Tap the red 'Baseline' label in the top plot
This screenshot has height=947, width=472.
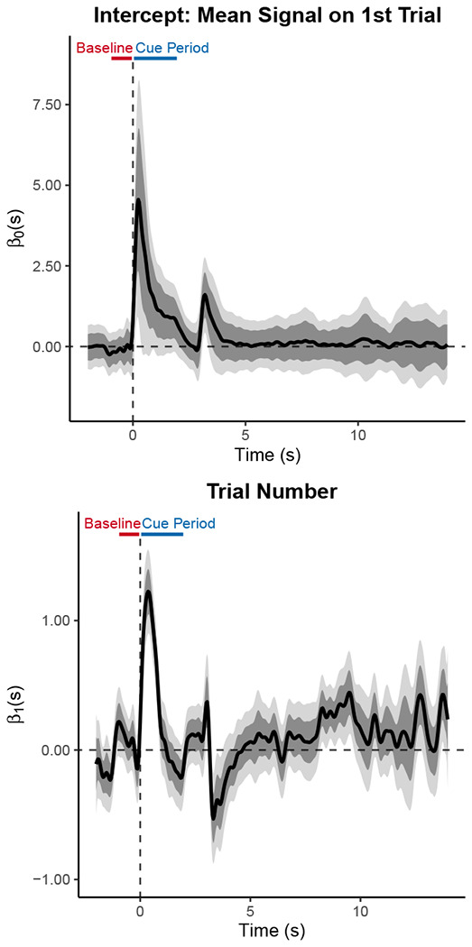pyautogui.click(x=104, y=47)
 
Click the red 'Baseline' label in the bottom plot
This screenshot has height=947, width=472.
pyautogui.click(x=112, y=523)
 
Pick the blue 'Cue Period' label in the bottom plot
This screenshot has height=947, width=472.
pyautogui.click(x=179, y=523)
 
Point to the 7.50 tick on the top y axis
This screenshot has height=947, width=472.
pyautogui.click(x=44, y=105)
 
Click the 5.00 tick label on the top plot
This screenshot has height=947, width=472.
pyautogui.click(x=44, y=186)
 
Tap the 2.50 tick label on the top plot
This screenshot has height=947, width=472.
pyautogui.click(x=44, y=266)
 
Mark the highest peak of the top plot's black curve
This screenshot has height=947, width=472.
pyautogui.click(x=138, y=199)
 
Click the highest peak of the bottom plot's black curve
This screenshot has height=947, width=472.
pyautogui.click(x=148, y=591)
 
